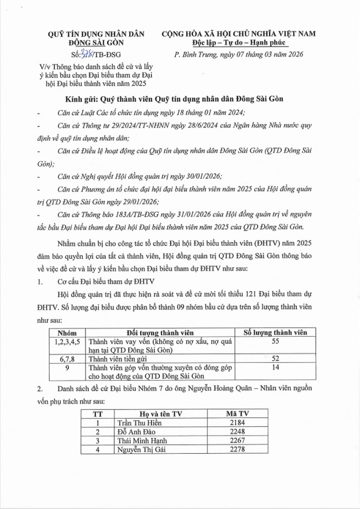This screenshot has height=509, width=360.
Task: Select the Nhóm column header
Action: click(68, 331)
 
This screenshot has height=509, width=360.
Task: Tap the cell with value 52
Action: click(276, 358)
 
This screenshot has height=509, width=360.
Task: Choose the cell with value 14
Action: click(276, 368)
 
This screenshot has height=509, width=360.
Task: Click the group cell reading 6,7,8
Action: click(68, 358)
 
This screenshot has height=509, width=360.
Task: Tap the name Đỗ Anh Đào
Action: click(134, 432)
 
